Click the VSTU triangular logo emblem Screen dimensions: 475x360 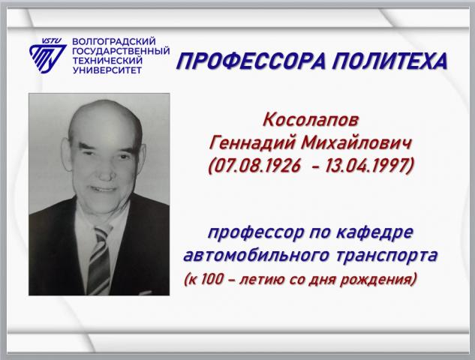(x=47, y=56)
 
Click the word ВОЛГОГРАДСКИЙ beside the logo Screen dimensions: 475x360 (x=114, y=40)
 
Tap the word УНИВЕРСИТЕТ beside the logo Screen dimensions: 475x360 (x=107, y=70)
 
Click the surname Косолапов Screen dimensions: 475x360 (x=311, y=120)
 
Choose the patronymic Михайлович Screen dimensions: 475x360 (x=356, y=142)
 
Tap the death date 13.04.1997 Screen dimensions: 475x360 (x=366, y=166)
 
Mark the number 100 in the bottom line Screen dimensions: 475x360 (x=212, y=278)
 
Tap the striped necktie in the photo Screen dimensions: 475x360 (x=99, y=259)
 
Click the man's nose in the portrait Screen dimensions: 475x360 (x=107, y=171)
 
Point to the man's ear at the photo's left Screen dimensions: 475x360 (x=67, y=154)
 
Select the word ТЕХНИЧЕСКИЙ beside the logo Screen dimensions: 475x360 (x=107, y=61)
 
